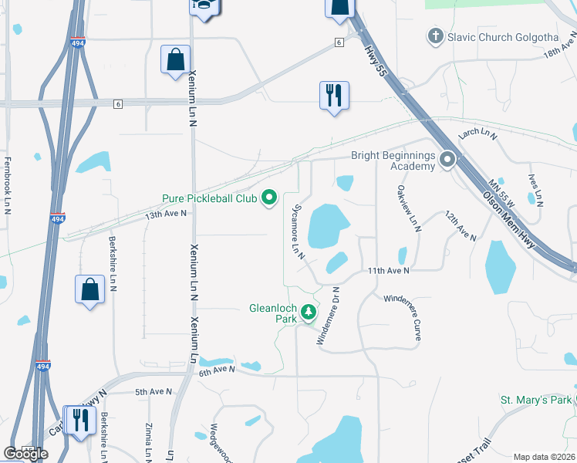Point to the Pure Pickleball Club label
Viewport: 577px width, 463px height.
tap(209, 199)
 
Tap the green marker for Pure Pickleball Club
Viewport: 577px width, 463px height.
tap(269, 199)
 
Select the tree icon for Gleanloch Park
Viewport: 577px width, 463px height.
tap(309, 313)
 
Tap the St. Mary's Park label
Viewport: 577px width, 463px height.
tap(535, 400)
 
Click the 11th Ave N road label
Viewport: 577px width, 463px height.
tap(388, 271)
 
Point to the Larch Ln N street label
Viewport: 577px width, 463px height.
tap(476, 134)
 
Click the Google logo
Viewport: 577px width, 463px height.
tap(25, 454)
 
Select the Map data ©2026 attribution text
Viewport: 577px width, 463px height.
tap(543, 457)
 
